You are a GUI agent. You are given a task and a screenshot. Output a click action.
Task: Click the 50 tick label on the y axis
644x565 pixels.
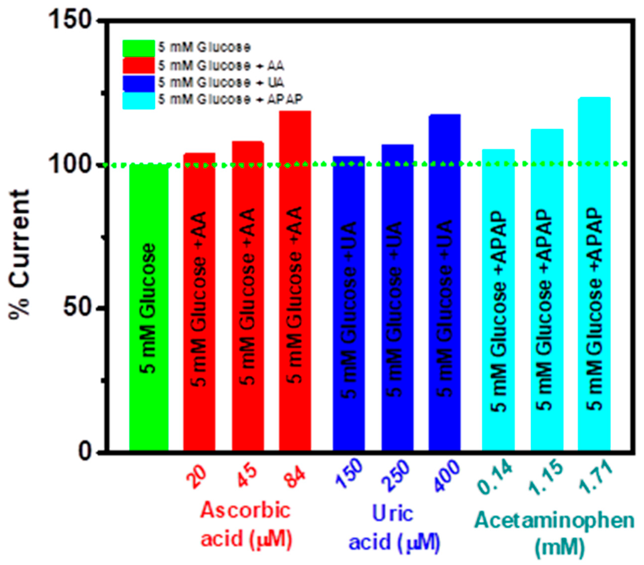tap(77, 308)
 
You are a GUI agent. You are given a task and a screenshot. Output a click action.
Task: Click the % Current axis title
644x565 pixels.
tap(19, 255)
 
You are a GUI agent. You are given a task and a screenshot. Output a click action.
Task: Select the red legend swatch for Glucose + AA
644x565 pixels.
tap(139, 65)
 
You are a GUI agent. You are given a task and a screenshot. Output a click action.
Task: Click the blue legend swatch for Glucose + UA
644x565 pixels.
tap(139, 83)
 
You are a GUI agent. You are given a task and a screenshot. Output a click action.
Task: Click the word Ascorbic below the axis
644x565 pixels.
tap(245, 510)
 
